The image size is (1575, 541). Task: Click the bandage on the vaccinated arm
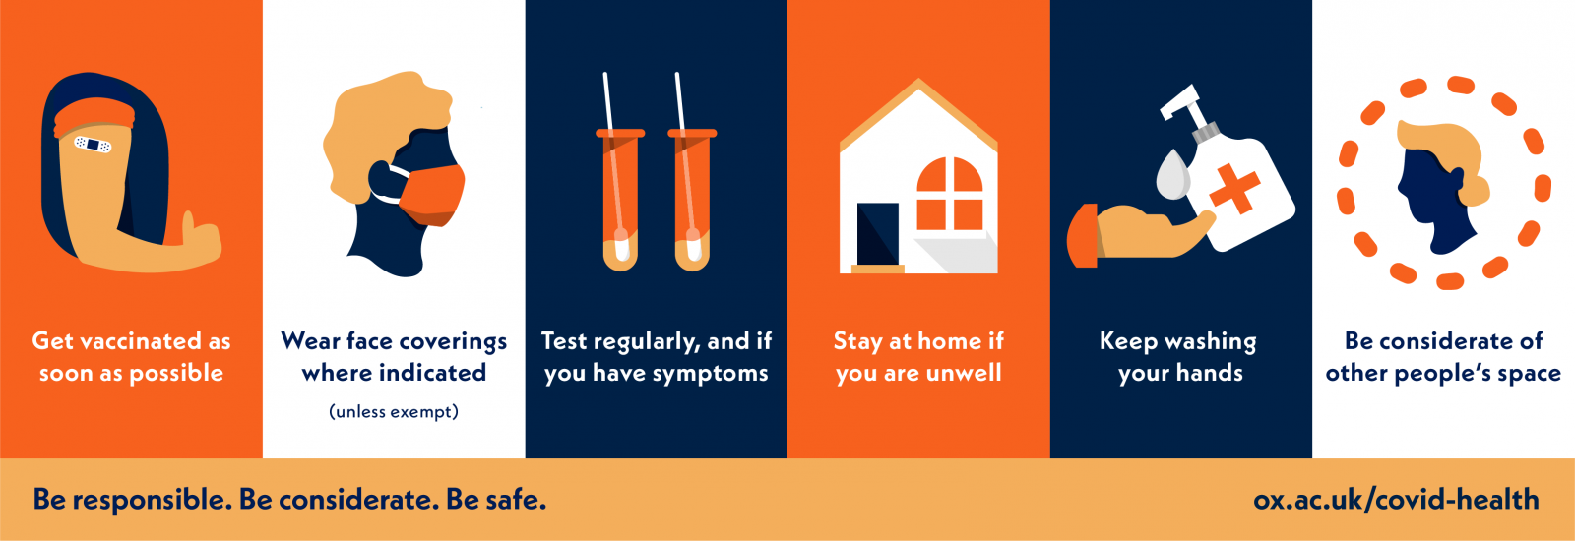[93, 145]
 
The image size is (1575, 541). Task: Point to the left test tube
[620, 200]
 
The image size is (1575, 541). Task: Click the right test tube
[693, 200]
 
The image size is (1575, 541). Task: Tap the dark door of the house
[877, 234]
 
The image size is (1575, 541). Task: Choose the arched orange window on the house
[950, 194]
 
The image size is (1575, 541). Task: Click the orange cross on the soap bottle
[1234, 188]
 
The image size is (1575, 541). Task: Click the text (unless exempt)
[394, 411]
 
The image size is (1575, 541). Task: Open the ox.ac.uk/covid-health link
[1396, 500]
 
